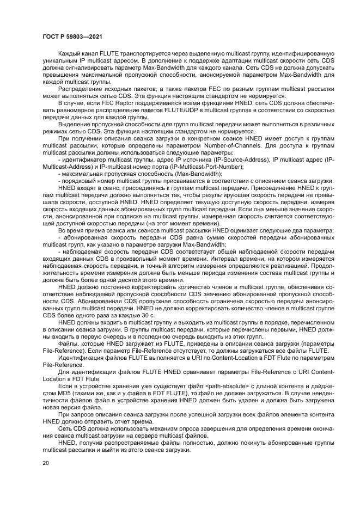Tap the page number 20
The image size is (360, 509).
point(45,463)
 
